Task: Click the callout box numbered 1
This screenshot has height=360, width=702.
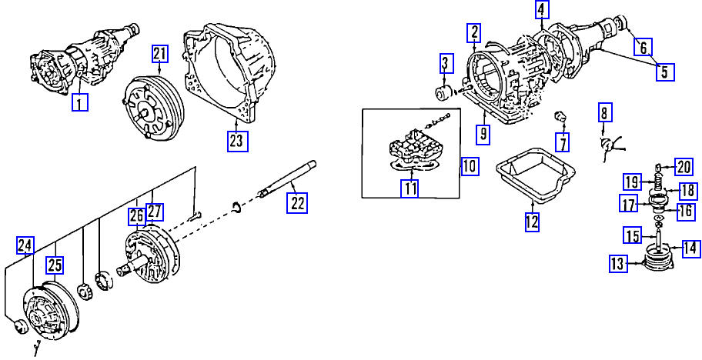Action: click(80, 102)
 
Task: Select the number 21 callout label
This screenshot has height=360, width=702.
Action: click(160, 54)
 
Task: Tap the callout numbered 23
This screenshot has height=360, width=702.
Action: click(237, 141)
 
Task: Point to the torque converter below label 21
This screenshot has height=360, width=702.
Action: click(152, 107)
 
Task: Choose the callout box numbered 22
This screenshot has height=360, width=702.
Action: click(297, 203)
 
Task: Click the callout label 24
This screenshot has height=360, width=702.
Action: click(25, 245)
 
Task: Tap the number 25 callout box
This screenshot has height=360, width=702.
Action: click(55, 265)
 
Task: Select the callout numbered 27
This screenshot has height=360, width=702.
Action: click(155, 212)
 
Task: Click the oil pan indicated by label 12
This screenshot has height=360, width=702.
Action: click(536, 175)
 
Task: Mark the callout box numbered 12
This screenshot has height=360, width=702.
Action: click(532, 222)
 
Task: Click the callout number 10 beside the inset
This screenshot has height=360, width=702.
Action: click(470, 166)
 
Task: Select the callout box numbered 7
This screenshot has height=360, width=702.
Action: click(562, 142)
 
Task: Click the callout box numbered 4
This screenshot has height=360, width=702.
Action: click(542, 10)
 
